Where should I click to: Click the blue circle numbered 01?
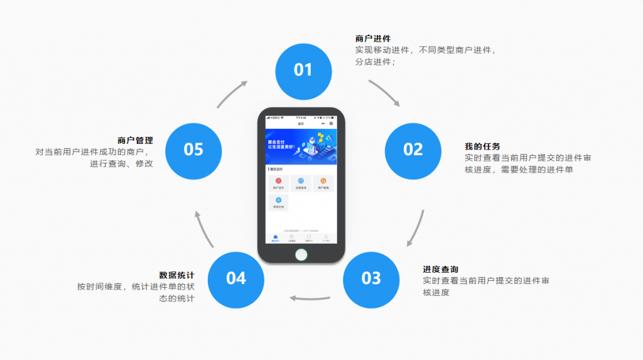coord(303,71)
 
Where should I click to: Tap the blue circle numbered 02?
coord(413,150)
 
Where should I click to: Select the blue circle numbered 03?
coord(371,278)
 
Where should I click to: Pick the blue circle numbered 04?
coord(236,278)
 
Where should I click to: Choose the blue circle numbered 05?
coord(193,150)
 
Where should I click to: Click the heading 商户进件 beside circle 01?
coord(372,39)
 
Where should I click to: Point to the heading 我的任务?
coord(482,146)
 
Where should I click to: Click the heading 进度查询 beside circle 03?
coord(440,270)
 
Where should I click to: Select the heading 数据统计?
coord(176,275)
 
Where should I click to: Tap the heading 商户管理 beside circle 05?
coord(135,141)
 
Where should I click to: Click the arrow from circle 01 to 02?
coord(384,92)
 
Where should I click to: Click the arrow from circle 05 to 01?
coord(232,93)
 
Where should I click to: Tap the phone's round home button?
coord(301,254)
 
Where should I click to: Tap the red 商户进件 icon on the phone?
coord(278,182)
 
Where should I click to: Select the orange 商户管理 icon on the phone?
coord(323,182)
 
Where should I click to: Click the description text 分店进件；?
coord(375,62)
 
